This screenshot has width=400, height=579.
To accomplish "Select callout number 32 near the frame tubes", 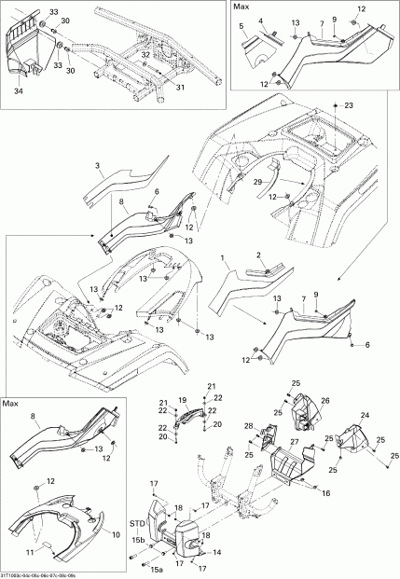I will (145, 55).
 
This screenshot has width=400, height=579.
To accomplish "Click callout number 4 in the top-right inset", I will (261, 21).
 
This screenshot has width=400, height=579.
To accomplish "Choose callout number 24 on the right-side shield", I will (365, 416).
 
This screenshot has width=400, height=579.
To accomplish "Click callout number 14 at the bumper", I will (219, 552).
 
